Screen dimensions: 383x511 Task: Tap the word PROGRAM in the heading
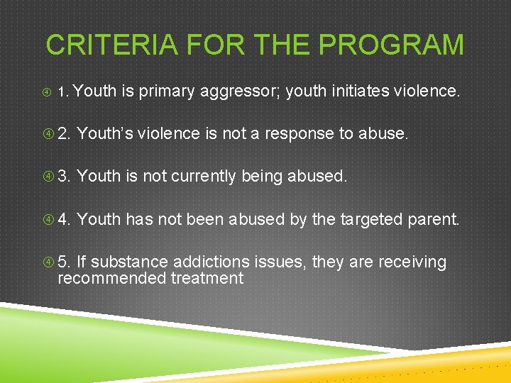(x=391, y=45)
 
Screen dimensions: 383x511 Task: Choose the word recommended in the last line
(x=112, y=278)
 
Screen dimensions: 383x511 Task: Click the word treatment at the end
(x=207, y=278)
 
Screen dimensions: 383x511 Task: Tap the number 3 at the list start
(x=64, y=176)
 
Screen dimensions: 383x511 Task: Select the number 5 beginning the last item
(x=64, y=262)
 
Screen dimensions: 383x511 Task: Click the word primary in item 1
(x=167, y=91)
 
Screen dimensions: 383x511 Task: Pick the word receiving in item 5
(x=412, y=262)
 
